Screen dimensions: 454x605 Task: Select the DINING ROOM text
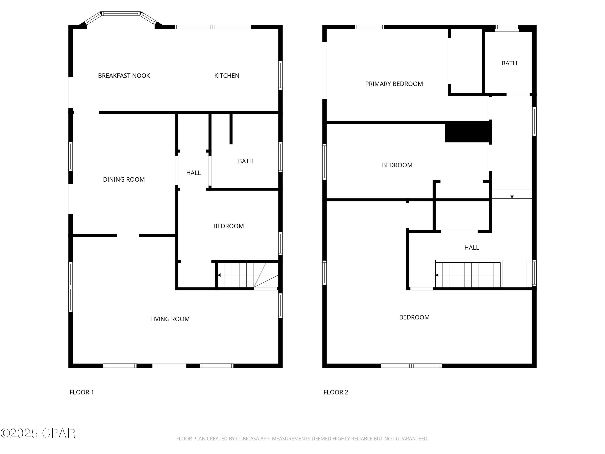124,180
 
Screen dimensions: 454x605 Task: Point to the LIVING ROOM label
170,319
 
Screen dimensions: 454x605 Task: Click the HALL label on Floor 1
193,173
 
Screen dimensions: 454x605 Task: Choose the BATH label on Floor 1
246,161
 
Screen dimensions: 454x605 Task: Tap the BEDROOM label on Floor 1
228,226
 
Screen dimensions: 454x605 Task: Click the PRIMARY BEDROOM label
394,84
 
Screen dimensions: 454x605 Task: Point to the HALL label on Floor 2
471,248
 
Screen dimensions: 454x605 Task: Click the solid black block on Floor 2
468,132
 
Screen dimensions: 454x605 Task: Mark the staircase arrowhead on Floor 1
219,275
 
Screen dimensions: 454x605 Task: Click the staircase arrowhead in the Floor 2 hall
437,275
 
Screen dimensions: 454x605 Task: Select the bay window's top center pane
121,13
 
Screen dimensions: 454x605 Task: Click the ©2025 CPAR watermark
38,433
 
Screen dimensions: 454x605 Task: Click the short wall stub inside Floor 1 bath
231,129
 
